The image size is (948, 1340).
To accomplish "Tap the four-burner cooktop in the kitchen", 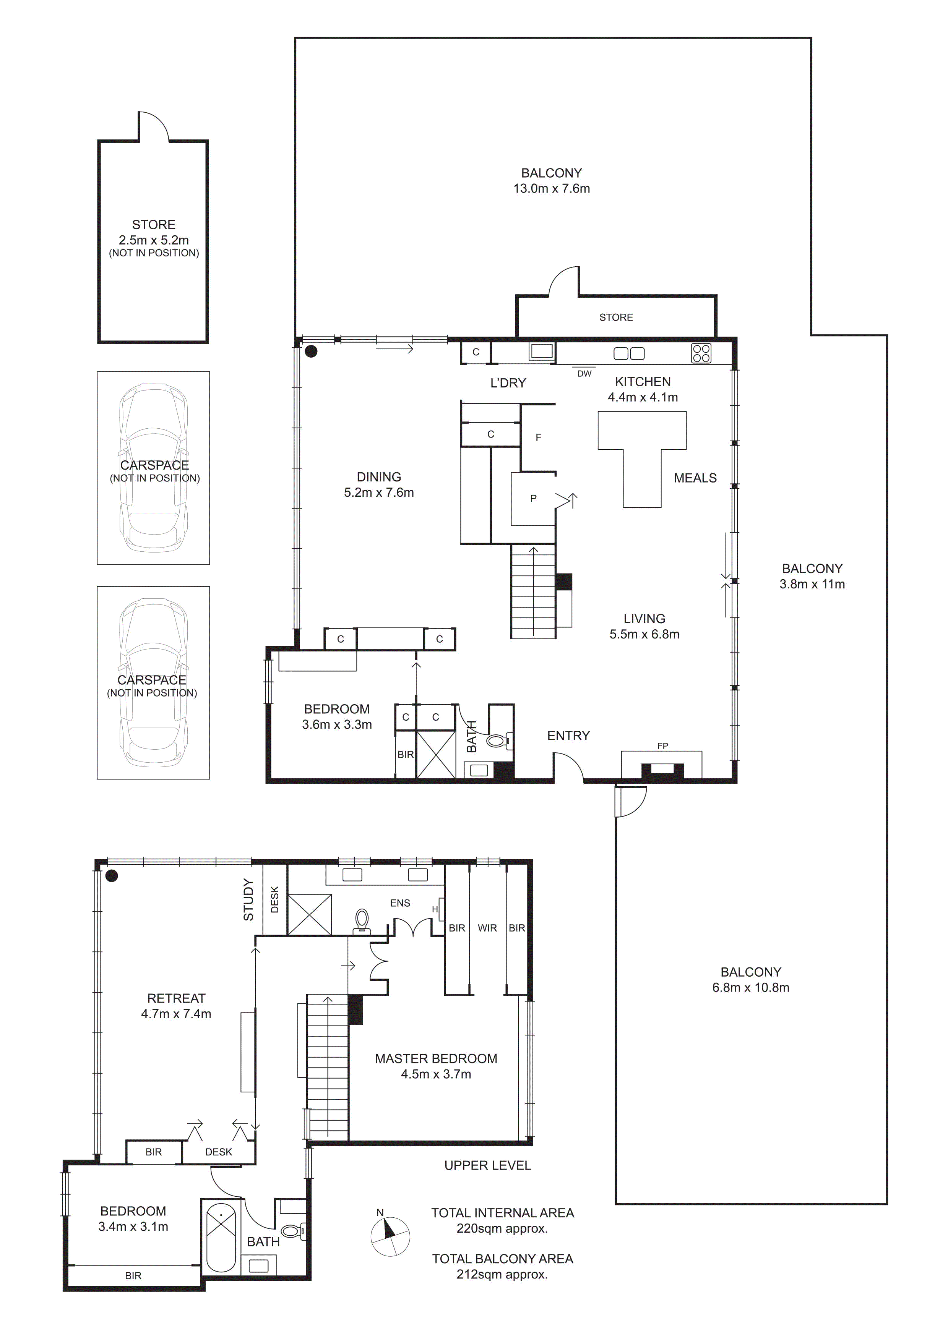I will pos(701,353).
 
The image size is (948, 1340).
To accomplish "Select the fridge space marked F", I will pos(538,437).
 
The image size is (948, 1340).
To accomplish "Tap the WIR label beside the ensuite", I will pos(487,928).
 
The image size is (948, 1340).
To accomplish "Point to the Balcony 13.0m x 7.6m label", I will pos(552,181).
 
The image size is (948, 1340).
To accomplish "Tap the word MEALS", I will pos(695,478).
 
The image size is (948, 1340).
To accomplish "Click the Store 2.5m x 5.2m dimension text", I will pos(154,240).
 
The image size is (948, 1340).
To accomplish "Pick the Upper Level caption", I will pos(487,1165).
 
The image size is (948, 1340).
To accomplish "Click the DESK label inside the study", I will pos(275,899).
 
